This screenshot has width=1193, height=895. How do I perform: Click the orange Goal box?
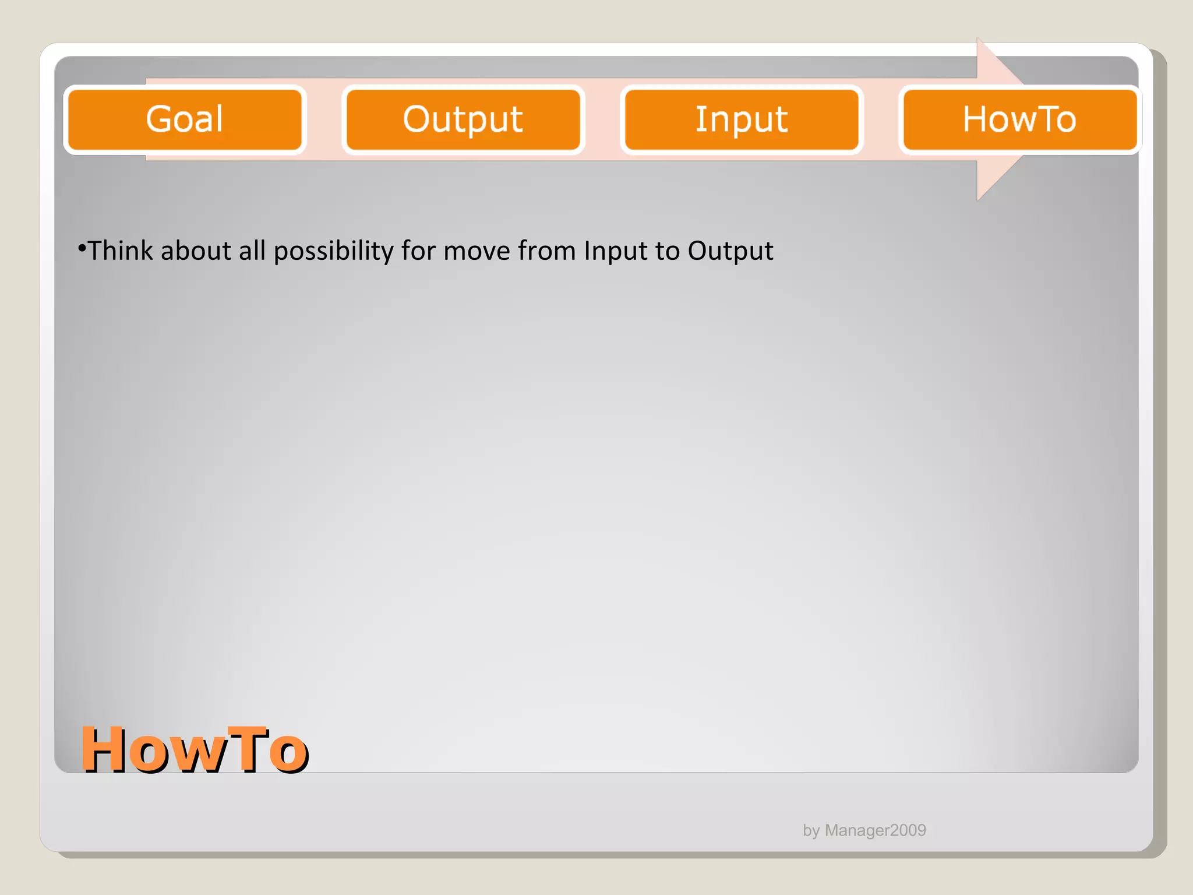185,119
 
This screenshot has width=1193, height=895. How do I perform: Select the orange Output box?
463,119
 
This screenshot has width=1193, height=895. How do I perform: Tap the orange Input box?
742,119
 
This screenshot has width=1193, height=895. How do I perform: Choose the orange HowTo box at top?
1019,119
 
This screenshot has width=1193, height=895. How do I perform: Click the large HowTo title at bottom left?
194,750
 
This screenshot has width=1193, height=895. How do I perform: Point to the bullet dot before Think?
82,249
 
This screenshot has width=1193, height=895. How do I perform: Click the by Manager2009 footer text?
864,830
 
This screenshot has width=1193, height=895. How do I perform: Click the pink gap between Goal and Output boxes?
324,119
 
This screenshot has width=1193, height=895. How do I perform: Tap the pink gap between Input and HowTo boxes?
881,119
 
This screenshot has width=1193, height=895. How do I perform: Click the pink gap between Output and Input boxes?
602,119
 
